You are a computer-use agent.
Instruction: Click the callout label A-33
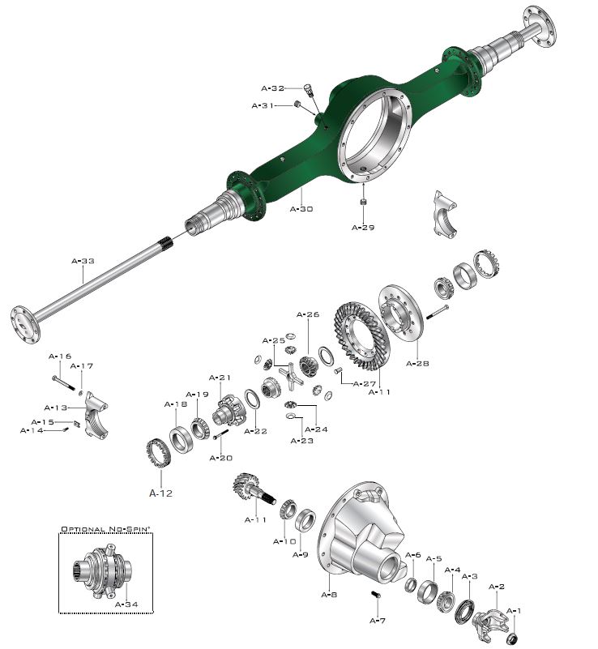tap(83, 262)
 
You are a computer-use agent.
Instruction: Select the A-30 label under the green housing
tap(301, 208)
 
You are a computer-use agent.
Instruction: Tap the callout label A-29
tap(363, 228)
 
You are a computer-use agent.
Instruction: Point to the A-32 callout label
tap(273, 88)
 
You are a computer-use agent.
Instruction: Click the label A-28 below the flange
tap(418, 364)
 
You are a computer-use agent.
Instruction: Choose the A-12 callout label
tap(160, 492)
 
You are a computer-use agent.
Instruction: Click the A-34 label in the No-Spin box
tap(126, 604)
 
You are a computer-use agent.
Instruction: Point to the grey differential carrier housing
tap(362, 535)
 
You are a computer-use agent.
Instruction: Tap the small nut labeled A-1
tap(513, 638)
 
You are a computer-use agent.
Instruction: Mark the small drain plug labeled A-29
tap(364, 200)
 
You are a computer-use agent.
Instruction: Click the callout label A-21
tap(220, 378)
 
